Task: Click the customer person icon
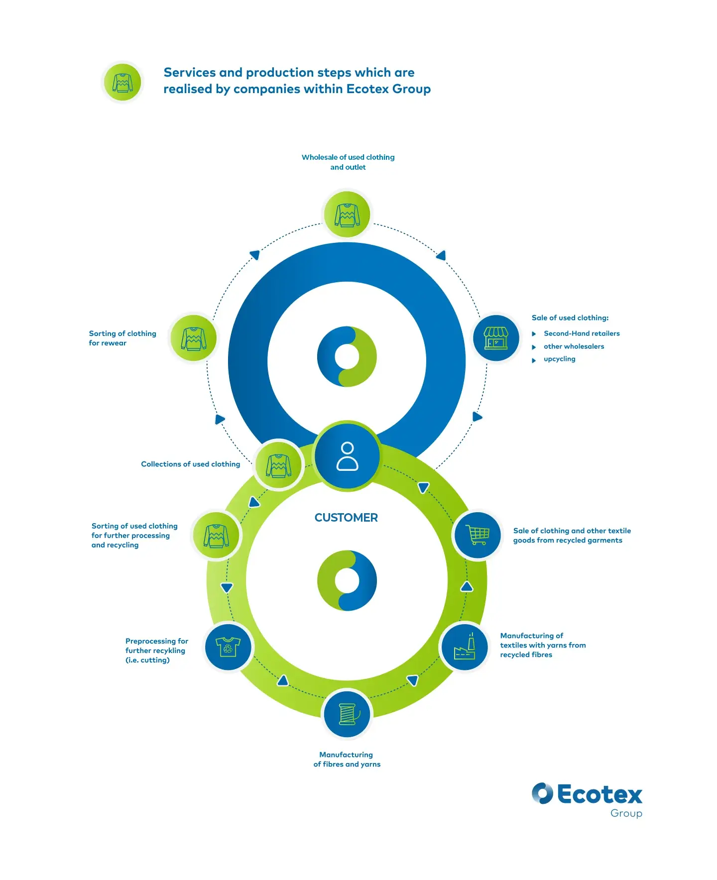(347, 456)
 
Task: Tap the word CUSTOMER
(346, 518)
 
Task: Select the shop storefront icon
(496, 338)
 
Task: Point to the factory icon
(465, 647)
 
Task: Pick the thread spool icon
(347, 714)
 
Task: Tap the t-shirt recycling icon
(228, 647)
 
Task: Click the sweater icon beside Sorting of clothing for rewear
(194, 338)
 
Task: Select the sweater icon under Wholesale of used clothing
(347, 215)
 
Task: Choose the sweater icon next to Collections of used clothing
(279, 465)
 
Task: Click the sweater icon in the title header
(122, 83)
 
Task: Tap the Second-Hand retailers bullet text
(582, 333)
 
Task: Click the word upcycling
(559, 359)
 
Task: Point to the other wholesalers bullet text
(574, 346)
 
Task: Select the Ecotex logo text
(599, 794)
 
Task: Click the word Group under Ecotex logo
(626, 813)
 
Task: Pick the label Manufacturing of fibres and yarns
(347, 760)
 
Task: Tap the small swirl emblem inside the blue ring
(347, 356)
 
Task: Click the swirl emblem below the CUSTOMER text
(347, 580)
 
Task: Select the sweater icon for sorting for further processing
(216, 536)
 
